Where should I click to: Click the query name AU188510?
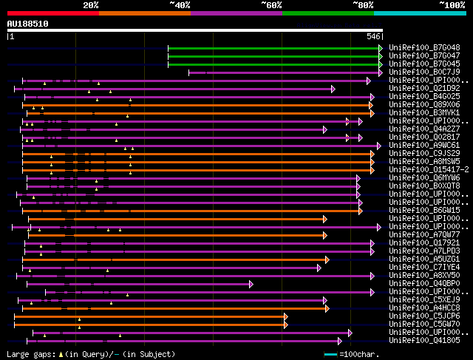pos(27,24)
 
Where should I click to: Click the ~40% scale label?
pos(180,5)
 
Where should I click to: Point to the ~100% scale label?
pos(452,5)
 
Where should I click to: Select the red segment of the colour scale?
pos(52,13)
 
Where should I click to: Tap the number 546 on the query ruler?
pos(373,35)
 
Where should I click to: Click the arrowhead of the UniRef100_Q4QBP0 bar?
pos(251,283)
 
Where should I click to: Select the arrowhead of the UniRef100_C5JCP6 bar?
pos(285,316)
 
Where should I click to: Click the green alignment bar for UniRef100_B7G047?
pos(273,55)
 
